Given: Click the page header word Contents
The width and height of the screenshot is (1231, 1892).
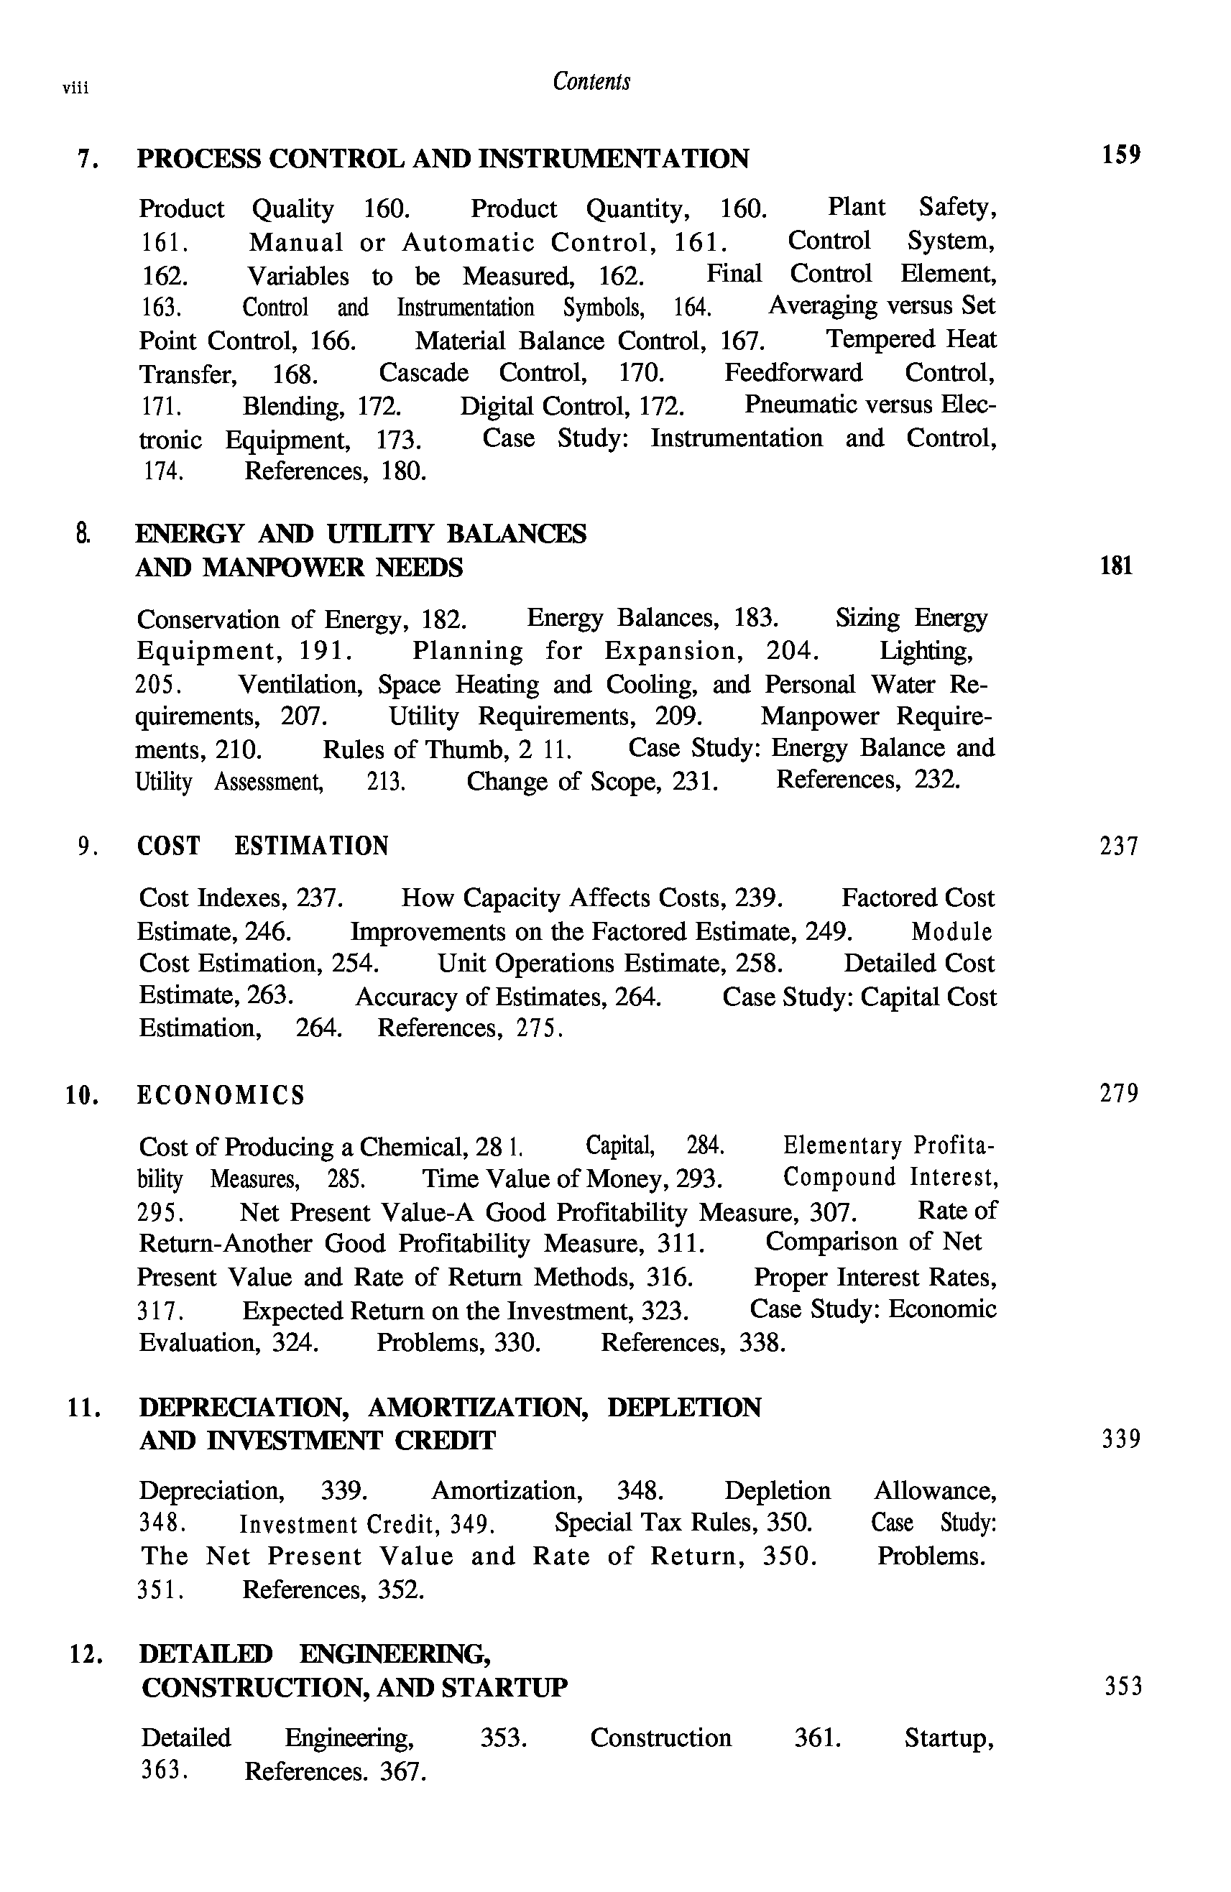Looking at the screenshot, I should [x=591, y=82].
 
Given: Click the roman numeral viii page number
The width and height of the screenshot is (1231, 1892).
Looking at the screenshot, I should [x=75, y=88].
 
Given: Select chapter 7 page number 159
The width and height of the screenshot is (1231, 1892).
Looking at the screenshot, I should [x=1120, y=154].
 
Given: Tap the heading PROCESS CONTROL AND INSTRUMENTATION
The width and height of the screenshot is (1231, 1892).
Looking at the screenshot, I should [x=442, y=159].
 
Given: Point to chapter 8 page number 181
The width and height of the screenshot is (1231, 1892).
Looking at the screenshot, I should [x=1116, y=566].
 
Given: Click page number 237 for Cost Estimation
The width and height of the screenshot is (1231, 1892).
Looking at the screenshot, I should [x=1119, y=846].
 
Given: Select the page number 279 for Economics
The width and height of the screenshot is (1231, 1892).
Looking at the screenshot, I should [x=1119, y=1094].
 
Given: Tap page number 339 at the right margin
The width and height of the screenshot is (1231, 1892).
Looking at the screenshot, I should [x=1120, y=1439].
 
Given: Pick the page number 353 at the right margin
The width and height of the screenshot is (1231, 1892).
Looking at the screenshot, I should [x=1123, y=1686].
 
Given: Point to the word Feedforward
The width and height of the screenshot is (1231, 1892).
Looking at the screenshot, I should [x=793, y=373].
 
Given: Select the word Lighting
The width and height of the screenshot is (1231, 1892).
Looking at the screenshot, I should [x=926, y=652].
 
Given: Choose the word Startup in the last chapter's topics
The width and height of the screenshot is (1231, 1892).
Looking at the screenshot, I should [x=949, y=1738].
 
